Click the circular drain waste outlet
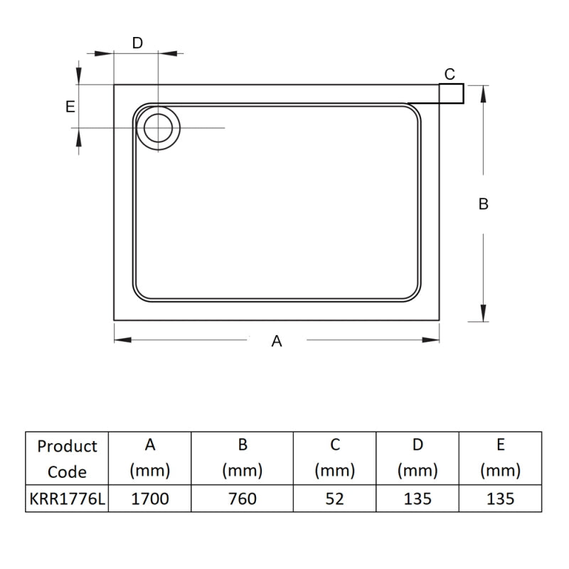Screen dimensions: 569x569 [158, 128]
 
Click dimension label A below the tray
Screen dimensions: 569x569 [277, 341]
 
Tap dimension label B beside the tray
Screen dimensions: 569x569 [484, 204]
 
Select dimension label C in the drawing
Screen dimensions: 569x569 [450, 74]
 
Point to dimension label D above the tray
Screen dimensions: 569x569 [137, 43]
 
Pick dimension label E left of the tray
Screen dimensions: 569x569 [70, 107]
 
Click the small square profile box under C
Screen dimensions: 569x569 [451, 94]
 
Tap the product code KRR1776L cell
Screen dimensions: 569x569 [67, 499]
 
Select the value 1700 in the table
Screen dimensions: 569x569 [150, 499]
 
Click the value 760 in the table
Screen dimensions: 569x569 [243, 499]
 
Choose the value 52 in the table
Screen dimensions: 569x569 [334, 499]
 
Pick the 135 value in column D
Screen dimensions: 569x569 [418, 499]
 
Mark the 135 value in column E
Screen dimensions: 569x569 [501, 499]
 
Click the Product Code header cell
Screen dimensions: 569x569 [67, 459]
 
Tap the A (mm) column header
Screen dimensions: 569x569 [150, 458]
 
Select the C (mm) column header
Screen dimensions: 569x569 [334, 458]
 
